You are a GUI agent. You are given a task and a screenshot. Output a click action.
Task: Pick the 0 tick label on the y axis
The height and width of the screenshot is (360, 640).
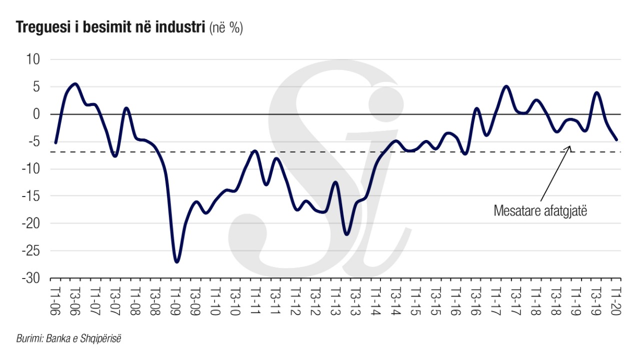(36, 114)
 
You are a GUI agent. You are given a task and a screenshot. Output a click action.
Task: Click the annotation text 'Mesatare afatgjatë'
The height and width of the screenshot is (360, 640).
(540, 210)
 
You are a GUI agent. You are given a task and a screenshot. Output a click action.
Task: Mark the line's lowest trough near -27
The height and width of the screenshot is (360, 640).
(176, 261)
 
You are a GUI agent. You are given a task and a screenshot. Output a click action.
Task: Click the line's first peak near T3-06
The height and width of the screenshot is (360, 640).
(75, 84)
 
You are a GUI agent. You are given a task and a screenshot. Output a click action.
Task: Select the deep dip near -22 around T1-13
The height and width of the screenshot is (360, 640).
(346, 234)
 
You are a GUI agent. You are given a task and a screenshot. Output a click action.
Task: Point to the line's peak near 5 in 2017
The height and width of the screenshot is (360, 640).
(506, 86)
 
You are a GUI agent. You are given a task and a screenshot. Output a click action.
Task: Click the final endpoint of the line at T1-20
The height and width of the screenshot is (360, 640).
(617, 139)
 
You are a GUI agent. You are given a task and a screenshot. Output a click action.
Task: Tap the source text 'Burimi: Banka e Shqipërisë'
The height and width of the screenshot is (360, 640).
(69, 338)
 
